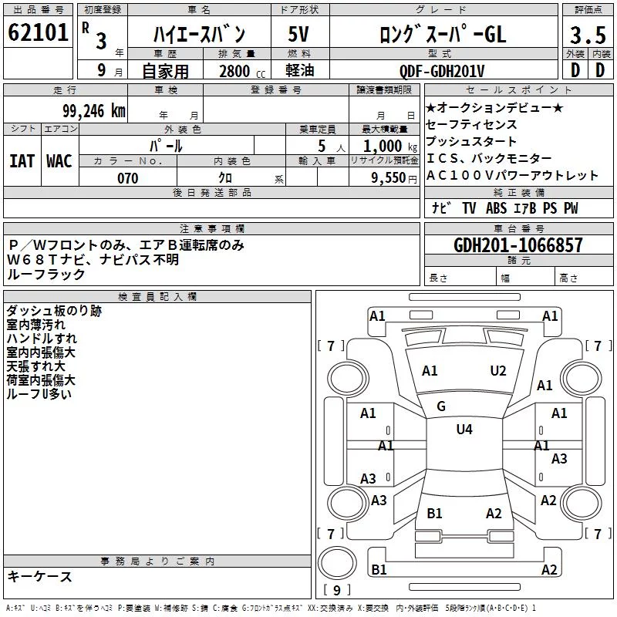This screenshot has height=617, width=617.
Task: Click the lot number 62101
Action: (38, 32)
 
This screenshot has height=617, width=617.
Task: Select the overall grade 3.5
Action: (588, 35)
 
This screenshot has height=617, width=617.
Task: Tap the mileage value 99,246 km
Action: (94, 111)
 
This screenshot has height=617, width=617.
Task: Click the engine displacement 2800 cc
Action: (242, 72)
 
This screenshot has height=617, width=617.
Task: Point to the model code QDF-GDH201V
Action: (442, 72)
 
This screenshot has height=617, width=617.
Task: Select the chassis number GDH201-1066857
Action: (518, 245)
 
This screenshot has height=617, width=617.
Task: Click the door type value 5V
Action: (298, 34)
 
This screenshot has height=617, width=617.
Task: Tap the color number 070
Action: (128, 178)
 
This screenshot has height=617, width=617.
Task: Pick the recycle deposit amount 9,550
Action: (389, 178)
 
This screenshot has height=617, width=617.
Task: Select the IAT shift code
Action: (22, 161)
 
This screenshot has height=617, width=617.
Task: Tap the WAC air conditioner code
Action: (59, 161)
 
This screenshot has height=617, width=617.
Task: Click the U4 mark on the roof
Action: (464, 429)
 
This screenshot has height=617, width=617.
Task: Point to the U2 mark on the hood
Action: (497, 371)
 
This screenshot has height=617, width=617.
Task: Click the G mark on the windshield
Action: (441, 406)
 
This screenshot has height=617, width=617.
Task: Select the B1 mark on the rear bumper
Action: (379, 569)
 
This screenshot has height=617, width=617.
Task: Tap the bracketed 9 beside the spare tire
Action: (336, 590)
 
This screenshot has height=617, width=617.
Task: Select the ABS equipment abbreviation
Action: (496, 208)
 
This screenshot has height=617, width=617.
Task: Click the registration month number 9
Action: (102, 70)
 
